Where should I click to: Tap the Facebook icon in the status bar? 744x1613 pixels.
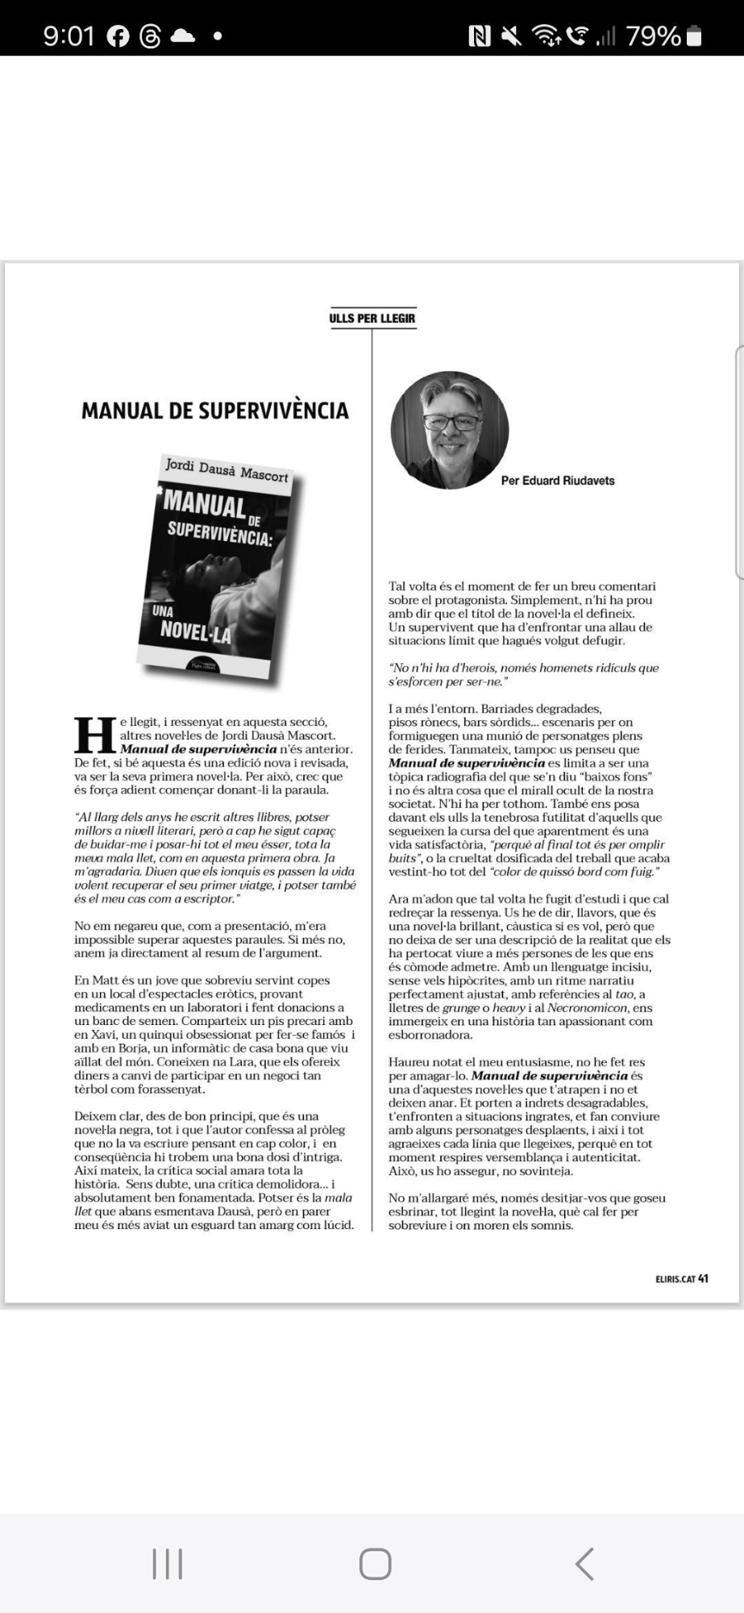(118, 36)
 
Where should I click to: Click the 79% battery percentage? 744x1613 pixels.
(653, 36)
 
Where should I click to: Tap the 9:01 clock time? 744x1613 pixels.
(69, 36)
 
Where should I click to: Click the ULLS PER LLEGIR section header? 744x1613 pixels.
(372, 318)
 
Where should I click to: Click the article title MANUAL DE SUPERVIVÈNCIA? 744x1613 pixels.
(215, 411)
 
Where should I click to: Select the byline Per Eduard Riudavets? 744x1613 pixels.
(558, 481)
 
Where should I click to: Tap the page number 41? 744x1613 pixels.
(704, 1278)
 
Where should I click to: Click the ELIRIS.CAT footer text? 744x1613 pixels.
(675, 1278)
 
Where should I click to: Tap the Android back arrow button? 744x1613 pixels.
(584, 1563)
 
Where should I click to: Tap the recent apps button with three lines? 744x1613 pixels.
(167, 1563)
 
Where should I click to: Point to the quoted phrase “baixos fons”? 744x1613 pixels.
(621, 777)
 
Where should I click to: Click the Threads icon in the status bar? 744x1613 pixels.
(150, 36)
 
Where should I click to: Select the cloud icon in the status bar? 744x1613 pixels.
(183, 36)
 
